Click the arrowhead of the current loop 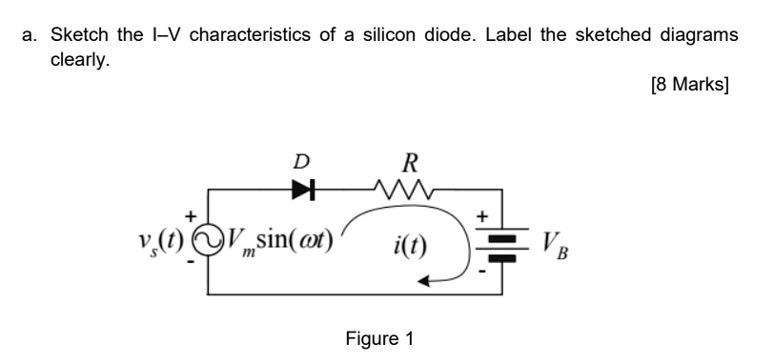point(430,279)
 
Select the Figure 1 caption point(379,338)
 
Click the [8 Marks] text point(688,84)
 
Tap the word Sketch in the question point(80,35)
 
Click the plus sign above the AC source point(192,215)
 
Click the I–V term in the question point(166,35)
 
